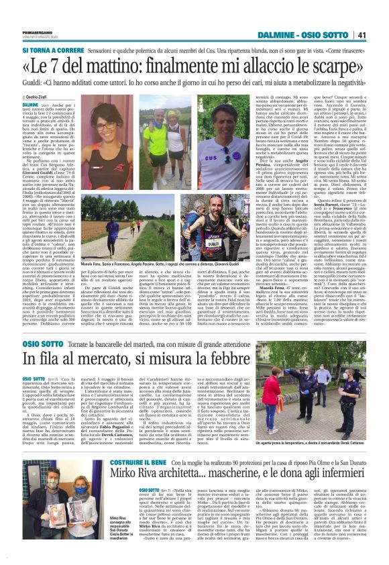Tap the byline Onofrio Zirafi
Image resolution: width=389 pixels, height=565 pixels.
pyautogui.click(x=36, y=97)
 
